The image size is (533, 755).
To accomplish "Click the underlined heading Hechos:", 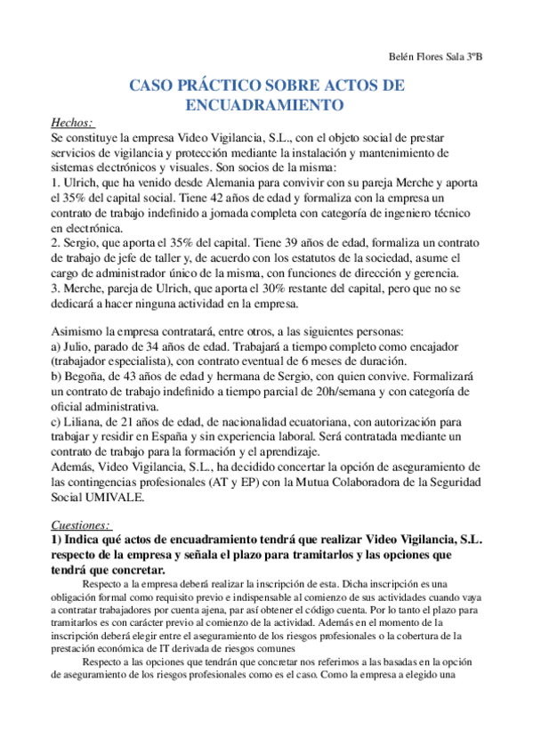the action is coord(73,122).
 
